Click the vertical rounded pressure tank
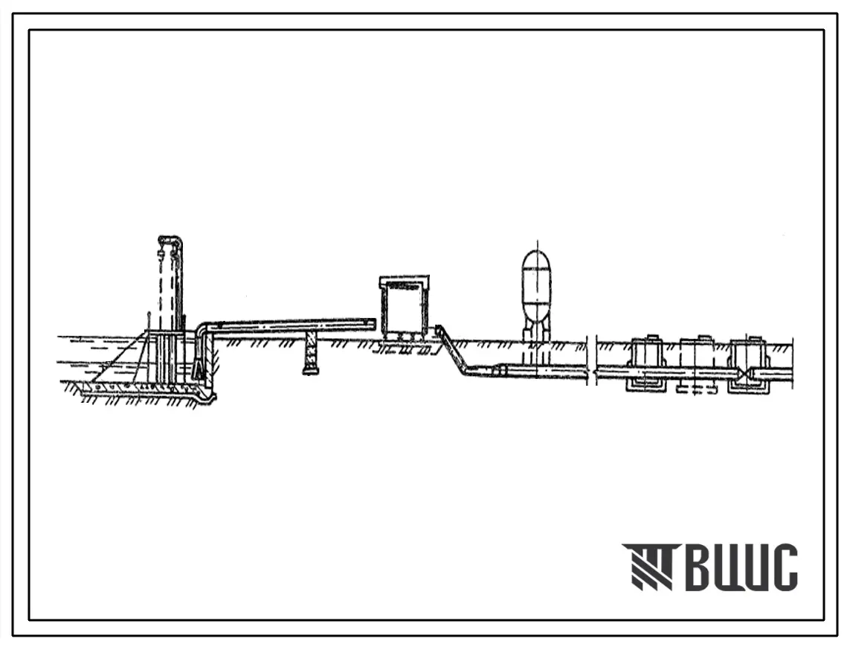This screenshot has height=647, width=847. click(x=536, y=286)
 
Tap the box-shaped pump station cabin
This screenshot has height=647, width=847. click(x=405, y=305)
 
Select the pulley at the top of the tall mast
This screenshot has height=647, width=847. click(x=170, y=241)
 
